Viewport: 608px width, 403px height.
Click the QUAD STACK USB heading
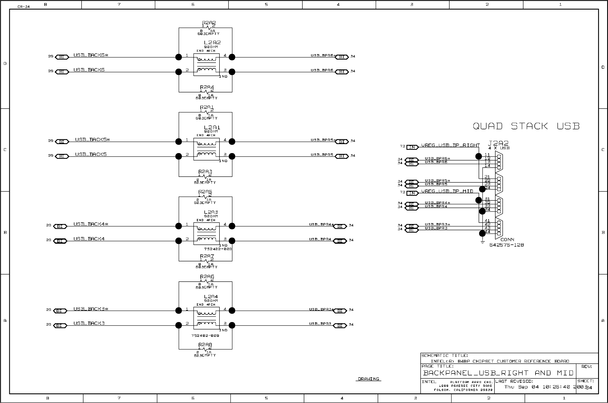click(x=526, y=126)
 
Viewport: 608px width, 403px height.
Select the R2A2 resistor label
click(x=209, y=23)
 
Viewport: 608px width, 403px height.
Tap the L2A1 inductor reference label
click(x=212, y=127)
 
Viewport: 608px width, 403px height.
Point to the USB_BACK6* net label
click(x=91, y=55)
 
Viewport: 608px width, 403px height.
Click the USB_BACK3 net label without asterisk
click(x=89, y=323)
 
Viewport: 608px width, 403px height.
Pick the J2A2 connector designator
click(x=498, y=143)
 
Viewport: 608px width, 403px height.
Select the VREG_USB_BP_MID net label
click(x=447, y=191)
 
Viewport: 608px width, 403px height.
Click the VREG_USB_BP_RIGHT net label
click(x=450, y=145)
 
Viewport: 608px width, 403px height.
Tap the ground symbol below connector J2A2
click(x=482, y=242)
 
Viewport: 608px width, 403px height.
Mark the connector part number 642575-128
click(x=506, y=245)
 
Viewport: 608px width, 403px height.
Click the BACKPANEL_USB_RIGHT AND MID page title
click(x=498, y=373)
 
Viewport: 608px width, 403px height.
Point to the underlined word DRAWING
click(x=368, y=379)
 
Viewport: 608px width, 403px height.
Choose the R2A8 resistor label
click(x=205, y=345)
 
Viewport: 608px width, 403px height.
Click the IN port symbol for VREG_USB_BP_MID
click(x=412, y=193)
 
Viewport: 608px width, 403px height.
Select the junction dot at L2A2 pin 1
click(x=178, y=57)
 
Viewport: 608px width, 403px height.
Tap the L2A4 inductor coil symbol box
click(x=206, y=318)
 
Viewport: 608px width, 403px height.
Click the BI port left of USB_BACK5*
click(x=62, y=142)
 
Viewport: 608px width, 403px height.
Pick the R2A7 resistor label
click(x=207, y=256)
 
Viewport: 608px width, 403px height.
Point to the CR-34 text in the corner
click(x=24, y=7)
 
